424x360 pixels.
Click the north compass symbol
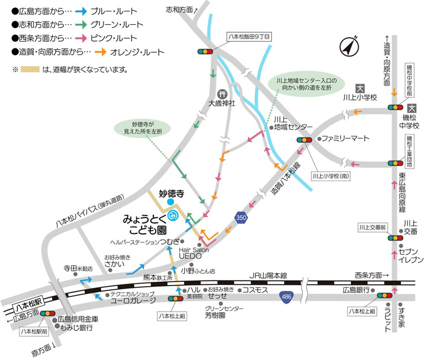349,46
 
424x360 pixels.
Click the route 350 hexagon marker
241,216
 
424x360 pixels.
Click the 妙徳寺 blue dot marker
171,202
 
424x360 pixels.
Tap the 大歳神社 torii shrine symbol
221,94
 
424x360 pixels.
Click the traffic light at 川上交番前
395,238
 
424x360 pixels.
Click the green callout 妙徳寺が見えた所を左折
143,128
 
